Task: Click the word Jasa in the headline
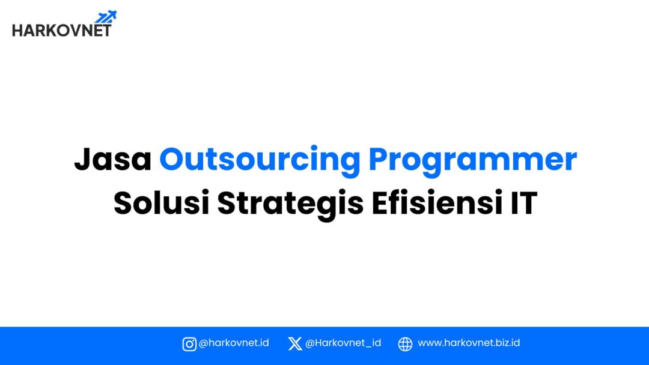(112, 160)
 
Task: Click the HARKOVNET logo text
(61, 29)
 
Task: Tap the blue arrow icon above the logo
(106, 17)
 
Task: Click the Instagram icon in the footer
(189, 344)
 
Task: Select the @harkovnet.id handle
(234, 343)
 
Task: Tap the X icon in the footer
(295, 344)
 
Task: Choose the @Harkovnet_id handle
(343, 343)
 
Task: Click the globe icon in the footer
(406, 344)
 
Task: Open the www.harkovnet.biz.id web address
(469, 343)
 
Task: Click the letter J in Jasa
(83, 160)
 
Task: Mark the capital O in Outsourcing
(173, 160)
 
